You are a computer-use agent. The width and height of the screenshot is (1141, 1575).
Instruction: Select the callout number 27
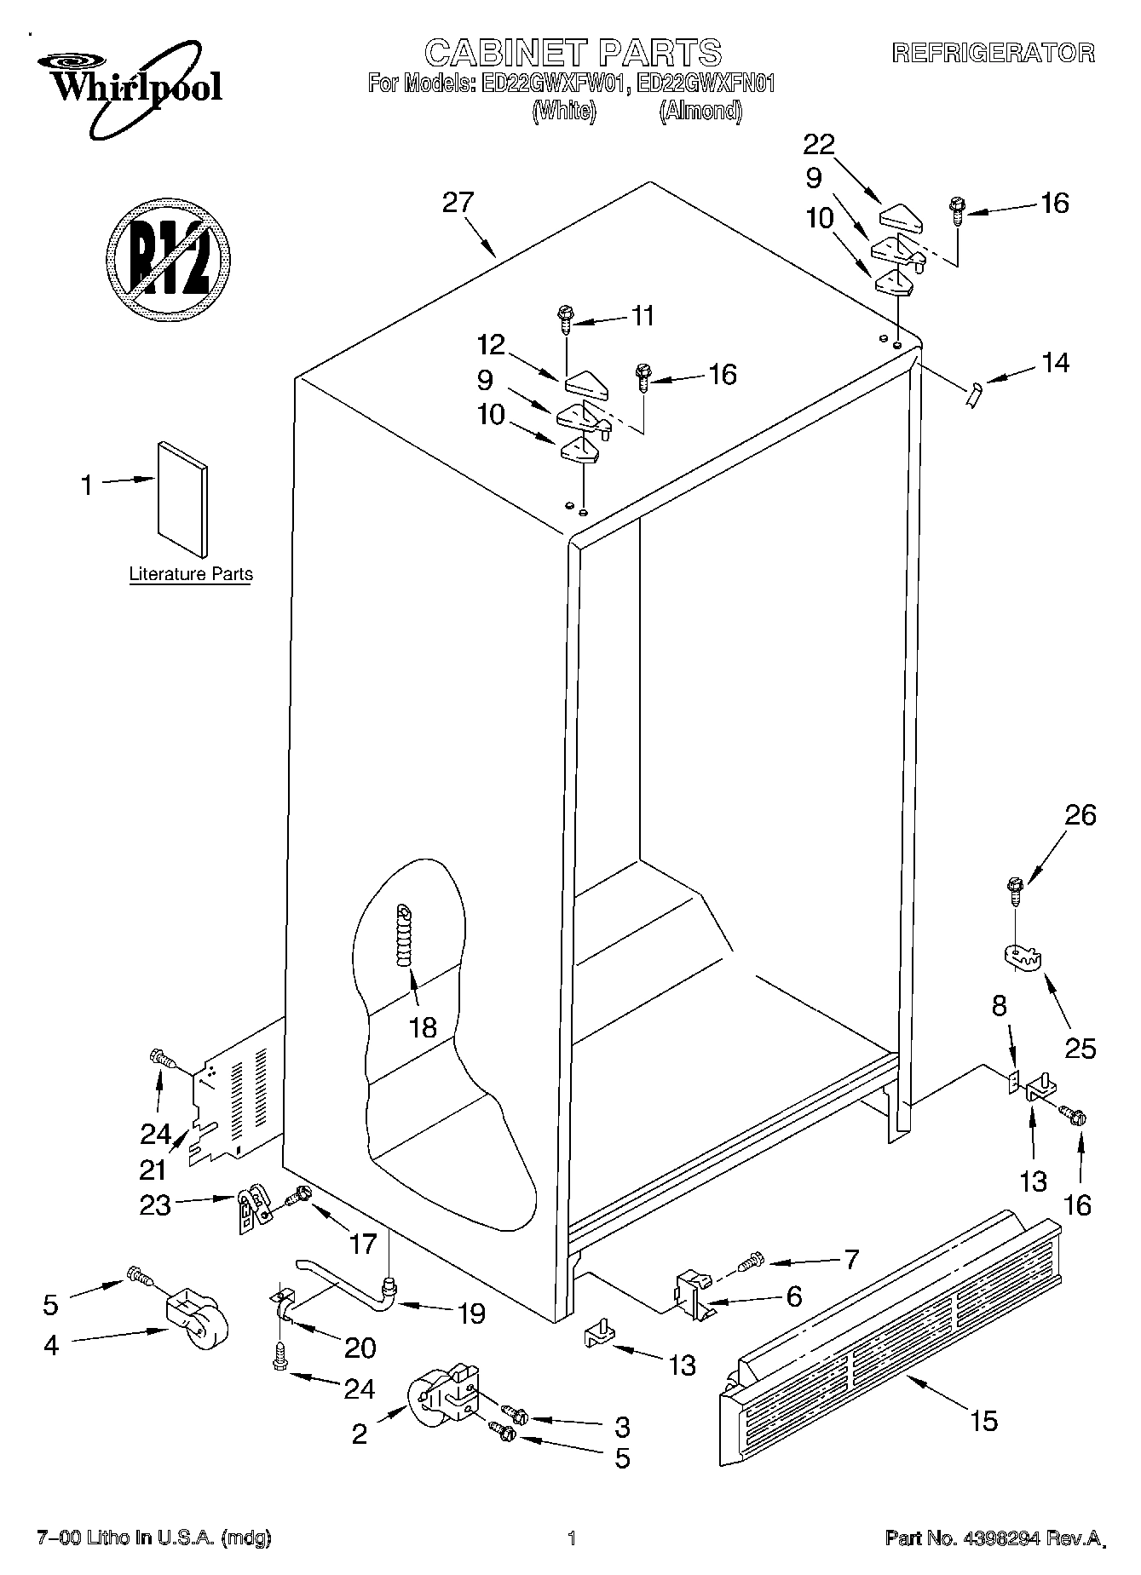point(458,203)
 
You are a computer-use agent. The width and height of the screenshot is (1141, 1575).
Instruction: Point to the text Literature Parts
point(191,574)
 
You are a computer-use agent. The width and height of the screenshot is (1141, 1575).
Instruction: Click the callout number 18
point(423,1028)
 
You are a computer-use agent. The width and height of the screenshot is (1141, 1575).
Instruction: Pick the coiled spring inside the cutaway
point(405,934)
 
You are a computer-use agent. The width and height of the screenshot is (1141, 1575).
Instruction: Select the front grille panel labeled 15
point(890,1331)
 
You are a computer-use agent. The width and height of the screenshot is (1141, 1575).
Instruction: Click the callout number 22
point(819,144)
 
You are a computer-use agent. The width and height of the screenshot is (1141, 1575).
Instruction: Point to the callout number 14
point(1054,363)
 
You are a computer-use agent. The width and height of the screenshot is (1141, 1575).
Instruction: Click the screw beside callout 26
point(1015,891)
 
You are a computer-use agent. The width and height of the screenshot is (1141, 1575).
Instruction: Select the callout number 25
point(1080,1048)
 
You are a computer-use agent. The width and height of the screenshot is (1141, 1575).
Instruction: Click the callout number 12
point(492,345)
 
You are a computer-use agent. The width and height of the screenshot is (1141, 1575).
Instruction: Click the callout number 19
point(470,1313)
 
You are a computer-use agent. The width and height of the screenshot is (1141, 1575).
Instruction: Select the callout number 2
point(360,1434)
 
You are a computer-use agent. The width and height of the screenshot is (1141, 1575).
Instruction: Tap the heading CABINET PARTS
point(573,53)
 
